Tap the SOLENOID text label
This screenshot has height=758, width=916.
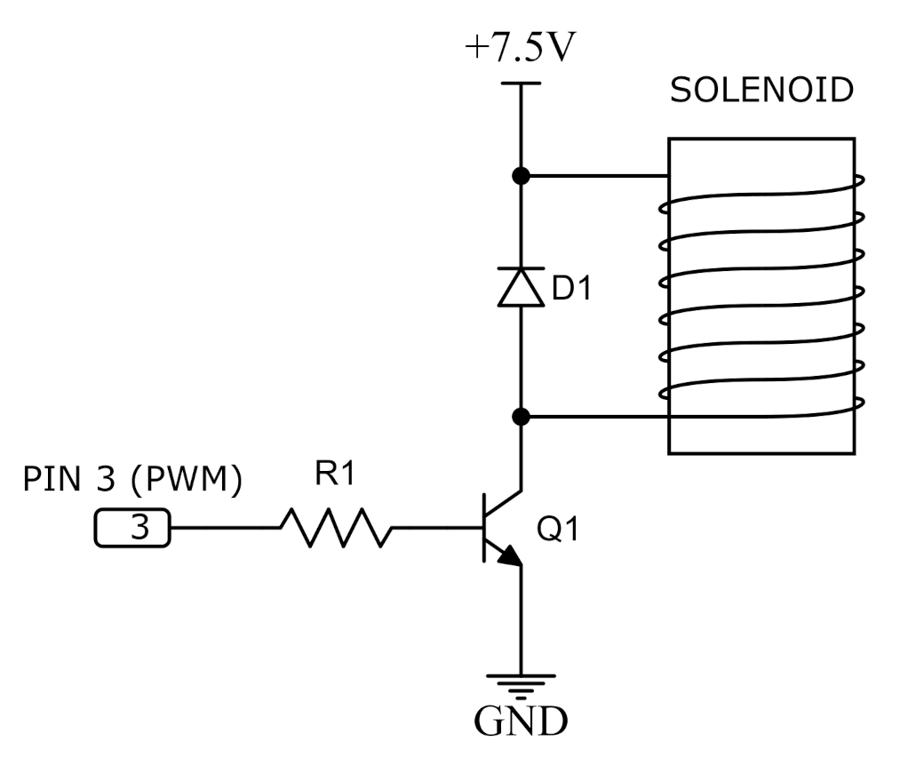click(761, 91)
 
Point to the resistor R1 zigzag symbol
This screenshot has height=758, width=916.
click(336, 527)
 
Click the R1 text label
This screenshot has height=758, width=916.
click(335, 475)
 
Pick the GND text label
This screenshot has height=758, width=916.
click(520, 722)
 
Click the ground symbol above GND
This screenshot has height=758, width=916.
click(521, 683)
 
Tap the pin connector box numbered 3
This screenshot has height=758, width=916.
click(131, 529)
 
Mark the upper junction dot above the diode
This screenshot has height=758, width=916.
click(522, 176)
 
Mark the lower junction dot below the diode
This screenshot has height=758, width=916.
click(522, 416)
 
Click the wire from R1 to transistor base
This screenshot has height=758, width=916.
click(435, 528)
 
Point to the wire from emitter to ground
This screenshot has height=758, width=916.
click(521, 622)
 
